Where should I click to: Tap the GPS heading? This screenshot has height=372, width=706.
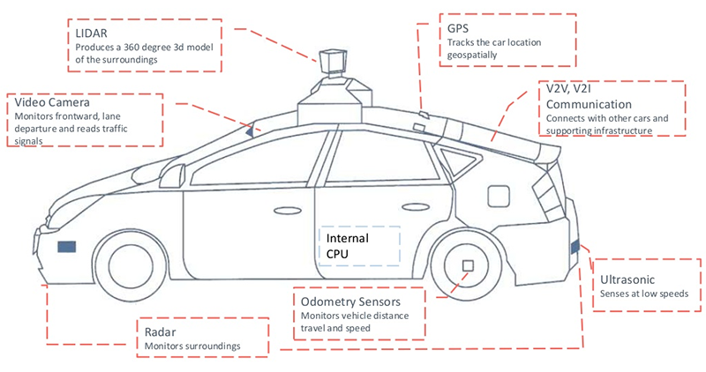pos(457,27)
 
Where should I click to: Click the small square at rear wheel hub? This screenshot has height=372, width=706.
pos(468,264)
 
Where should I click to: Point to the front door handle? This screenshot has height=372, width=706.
pos(285,212)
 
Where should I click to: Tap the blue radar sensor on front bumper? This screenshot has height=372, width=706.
pos(66,247)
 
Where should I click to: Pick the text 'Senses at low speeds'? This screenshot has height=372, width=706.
pos(650,294)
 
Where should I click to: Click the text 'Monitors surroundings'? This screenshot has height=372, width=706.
pos(192,346)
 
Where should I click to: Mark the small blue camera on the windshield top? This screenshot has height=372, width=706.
pos(250,131)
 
